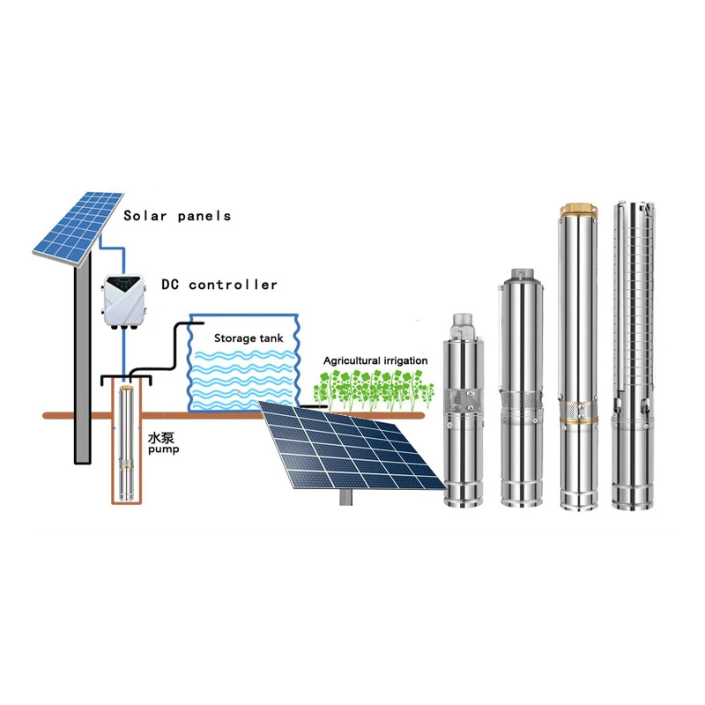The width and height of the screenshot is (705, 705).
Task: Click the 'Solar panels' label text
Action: (x=176, y=216)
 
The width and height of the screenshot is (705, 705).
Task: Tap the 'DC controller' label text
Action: (x=219, y=285)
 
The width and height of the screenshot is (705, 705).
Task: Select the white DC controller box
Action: (x=123, y=301)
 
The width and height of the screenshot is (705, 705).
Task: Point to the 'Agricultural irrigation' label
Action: (x=375, y=361)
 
